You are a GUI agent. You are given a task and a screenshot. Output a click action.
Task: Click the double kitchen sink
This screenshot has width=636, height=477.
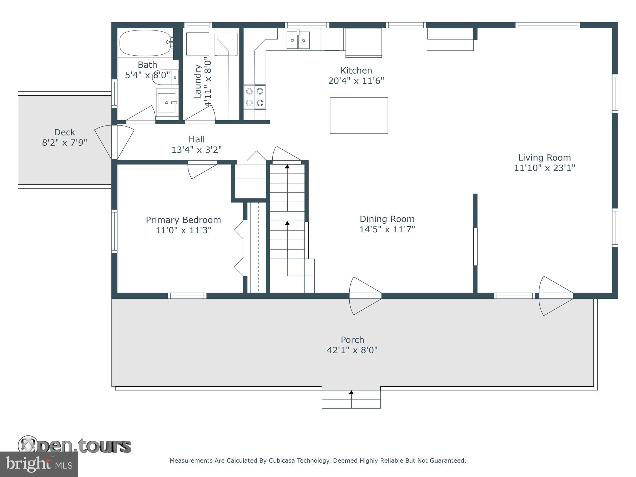(298, 40)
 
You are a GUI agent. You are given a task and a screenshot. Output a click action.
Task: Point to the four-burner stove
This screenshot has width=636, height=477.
(254, 97)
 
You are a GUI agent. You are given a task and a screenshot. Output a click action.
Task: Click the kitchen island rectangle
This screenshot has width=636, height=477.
(359, 116)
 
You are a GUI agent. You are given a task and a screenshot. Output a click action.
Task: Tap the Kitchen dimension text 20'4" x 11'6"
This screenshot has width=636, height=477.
(356, 81)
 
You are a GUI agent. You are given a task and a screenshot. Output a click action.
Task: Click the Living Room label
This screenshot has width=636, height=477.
(544, 157)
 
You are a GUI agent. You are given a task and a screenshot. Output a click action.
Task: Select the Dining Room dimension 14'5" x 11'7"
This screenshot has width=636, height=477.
(387, 229)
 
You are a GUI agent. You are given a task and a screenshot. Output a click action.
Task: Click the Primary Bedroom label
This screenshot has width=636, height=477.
(183, 220)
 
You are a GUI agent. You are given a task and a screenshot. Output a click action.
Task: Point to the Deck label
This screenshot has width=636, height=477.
(65, 132)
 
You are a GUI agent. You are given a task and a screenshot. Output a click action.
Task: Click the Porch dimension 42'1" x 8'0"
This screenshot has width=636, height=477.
(352, 350)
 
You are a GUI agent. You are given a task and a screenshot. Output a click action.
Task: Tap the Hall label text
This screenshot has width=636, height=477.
(197, 139)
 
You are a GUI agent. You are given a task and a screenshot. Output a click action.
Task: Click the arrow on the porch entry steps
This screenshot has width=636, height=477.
(351, 393)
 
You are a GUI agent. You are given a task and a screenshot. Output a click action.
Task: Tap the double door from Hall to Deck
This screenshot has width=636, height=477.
(114, 142)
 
